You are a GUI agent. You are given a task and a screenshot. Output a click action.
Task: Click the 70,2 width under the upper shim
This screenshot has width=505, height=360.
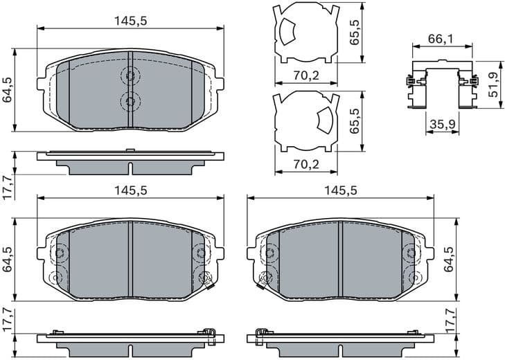306,75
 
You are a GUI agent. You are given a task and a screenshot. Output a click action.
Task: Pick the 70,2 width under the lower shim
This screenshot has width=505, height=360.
306,164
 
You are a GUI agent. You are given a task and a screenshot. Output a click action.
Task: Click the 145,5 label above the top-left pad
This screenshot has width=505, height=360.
131,21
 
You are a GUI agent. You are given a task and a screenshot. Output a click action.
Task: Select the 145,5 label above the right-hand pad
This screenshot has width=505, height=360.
341,190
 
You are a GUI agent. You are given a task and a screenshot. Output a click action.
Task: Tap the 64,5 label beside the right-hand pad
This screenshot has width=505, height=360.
448,259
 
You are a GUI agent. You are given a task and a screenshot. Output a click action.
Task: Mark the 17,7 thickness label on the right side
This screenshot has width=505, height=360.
450,323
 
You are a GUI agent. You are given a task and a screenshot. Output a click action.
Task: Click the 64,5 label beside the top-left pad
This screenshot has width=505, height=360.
8,89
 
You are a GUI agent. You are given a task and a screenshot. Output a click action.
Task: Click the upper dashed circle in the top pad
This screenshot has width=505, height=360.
130,76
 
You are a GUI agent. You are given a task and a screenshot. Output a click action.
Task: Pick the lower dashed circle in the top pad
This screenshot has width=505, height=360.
130,101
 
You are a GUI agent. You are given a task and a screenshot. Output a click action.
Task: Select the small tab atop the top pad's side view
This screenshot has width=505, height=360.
130,150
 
